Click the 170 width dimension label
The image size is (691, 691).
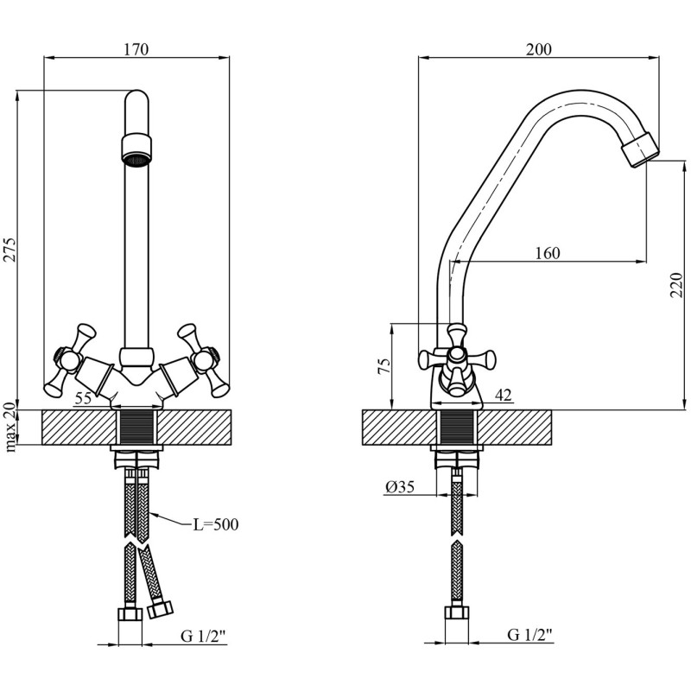136,49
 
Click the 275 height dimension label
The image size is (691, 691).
10,250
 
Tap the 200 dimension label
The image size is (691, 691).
538,49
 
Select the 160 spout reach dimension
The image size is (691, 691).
548,253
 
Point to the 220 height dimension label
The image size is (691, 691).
676,285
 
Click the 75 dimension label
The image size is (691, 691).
384,366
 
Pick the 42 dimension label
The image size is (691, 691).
504,395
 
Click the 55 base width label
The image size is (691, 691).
83,398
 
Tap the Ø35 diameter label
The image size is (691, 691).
400,487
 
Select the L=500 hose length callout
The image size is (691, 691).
216,524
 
